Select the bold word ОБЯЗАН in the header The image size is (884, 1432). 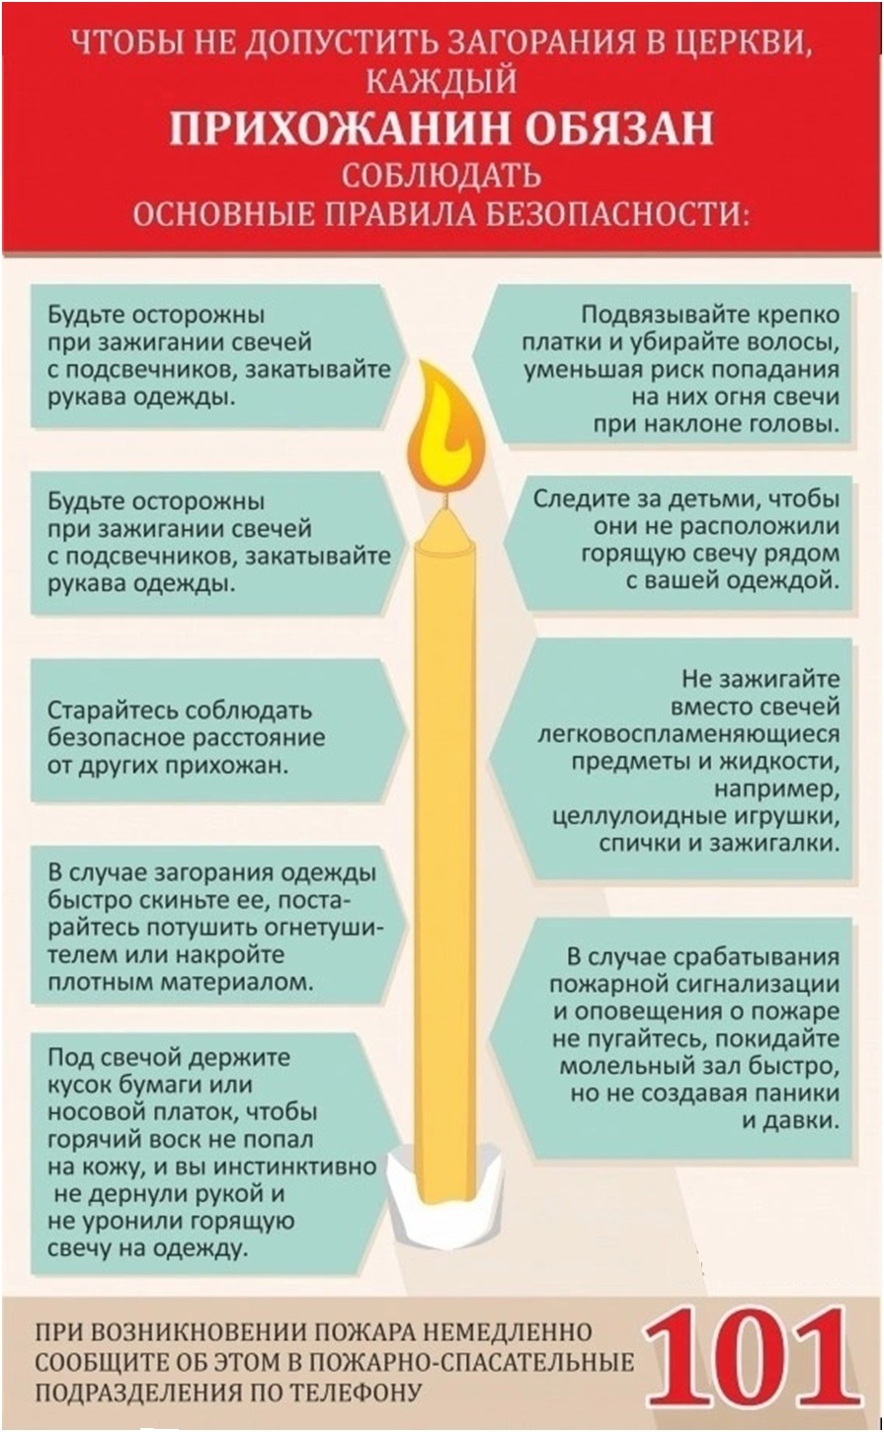point(618,128)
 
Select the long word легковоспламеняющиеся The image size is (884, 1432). point(689,735)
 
